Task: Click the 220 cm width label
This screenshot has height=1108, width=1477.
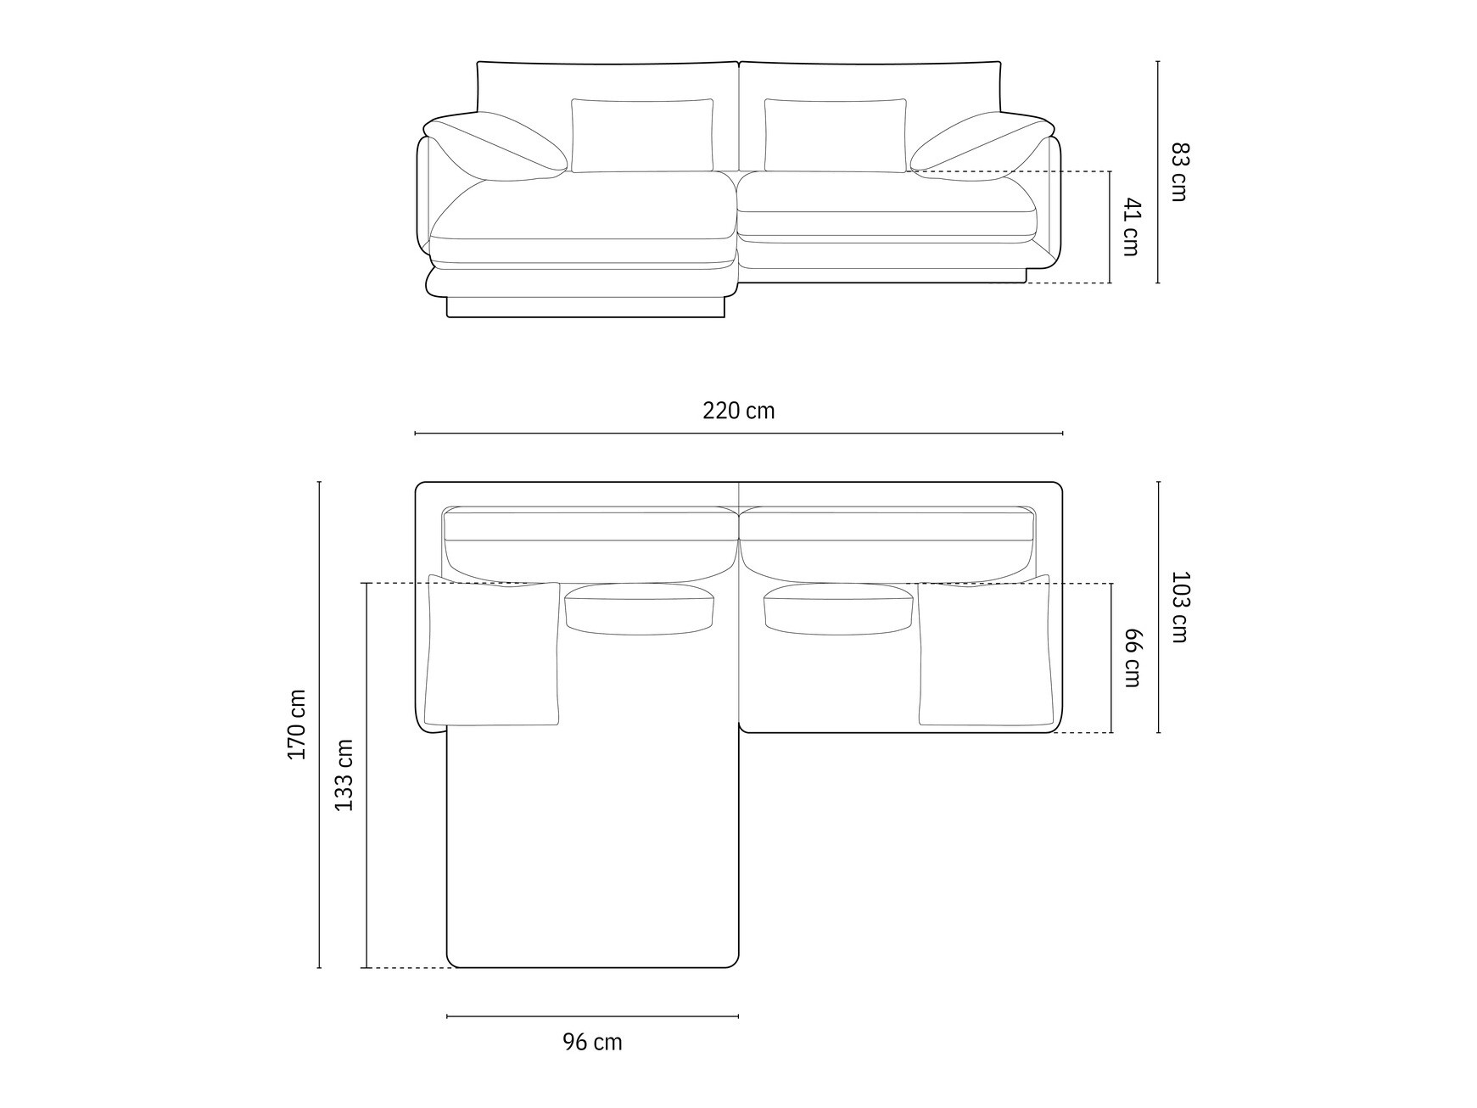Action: [x=738, y=411]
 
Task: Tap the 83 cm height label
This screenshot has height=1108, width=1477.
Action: [x=1180, y=171]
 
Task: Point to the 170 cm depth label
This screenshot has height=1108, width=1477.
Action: [x=297, y=724]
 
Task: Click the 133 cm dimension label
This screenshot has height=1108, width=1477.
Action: [x=344, y=775]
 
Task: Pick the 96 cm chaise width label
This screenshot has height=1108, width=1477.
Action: [x=592, y=1042]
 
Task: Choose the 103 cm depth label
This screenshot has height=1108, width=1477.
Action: [x=1180, y=607]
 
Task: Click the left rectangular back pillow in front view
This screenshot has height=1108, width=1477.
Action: [x=641, y=135]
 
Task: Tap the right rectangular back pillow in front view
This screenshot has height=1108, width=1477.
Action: [x=835, y=135]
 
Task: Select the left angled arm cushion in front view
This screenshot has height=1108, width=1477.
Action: [x=496, y=149]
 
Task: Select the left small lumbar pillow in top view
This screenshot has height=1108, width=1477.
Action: [x=639, y=608]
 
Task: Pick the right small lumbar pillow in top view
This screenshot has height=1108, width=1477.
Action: [x=838, y=608]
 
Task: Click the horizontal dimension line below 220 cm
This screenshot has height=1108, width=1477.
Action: [x=738, y=433]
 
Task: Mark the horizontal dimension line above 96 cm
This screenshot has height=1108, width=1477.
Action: [x=592, y=1016]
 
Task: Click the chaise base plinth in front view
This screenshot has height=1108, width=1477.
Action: [x=585, y=307]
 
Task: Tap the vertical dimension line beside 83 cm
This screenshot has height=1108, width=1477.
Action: [x=1158, y=171]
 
